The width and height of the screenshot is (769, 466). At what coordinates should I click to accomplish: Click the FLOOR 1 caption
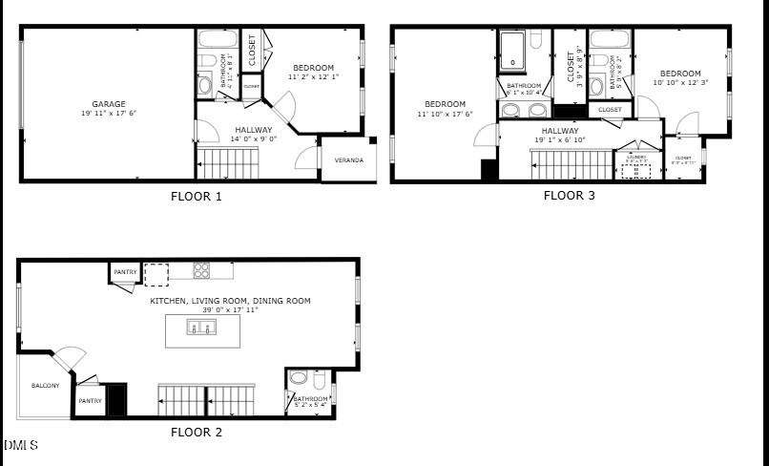point(196,197)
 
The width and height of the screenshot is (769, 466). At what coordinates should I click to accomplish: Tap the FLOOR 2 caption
point(196,432)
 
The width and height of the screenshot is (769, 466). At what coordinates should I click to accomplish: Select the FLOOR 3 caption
point(569,196)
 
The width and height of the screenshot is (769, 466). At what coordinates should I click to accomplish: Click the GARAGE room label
point(109,104)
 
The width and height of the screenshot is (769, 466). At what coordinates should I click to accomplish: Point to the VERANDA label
point(348,159)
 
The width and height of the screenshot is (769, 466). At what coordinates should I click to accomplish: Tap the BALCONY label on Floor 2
point(45,386)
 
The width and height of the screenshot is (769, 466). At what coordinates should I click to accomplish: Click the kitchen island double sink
point(200,328)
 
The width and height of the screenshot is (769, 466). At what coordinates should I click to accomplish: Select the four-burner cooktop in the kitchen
point(201,270)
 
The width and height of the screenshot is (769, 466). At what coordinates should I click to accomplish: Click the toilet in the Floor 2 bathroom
point(298,377)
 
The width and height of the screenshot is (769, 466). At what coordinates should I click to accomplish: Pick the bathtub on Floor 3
point(514,50)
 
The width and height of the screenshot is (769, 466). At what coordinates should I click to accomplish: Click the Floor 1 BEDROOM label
point(313,68)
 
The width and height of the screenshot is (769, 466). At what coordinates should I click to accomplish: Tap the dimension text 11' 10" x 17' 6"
point(445,114)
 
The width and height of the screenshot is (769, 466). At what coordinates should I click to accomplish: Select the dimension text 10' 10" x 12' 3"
point(680,83)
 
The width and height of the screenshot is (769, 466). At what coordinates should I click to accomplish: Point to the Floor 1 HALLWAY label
point(253,130)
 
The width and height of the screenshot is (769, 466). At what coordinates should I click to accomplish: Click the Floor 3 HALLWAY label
point(560,131)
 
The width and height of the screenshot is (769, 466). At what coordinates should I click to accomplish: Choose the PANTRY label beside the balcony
point(90,401)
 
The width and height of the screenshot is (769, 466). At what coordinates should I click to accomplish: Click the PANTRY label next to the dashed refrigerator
point(125,272)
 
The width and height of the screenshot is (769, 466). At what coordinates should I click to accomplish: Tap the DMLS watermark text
point(21,445)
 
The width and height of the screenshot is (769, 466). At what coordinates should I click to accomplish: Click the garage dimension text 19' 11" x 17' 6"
point(109,113)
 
